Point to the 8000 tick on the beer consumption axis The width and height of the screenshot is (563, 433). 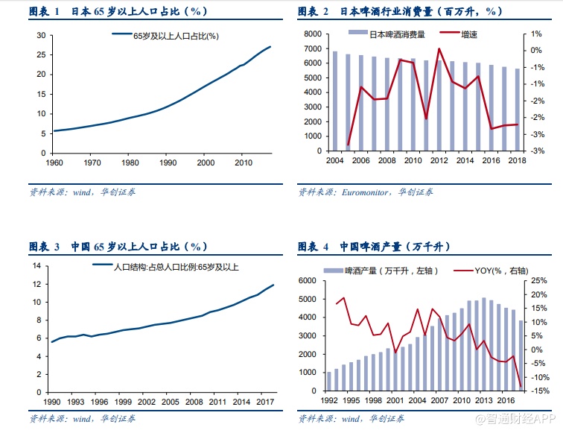coord(314,35)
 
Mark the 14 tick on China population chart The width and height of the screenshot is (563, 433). coord(35,266)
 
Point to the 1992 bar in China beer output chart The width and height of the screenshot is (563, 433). coord(328,381)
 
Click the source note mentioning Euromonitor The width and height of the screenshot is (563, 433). coord(365,192)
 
